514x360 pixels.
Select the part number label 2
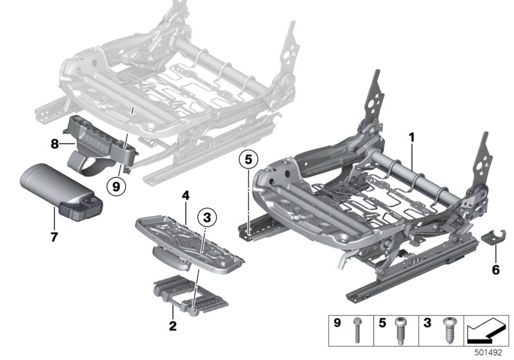click(172, 327)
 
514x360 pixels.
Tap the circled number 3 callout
click(206, 219)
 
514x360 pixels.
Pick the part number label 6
click(495, 269)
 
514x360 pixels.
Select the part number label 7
click(54, 237)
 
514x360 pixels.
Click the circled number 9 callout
click(116, 187)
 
